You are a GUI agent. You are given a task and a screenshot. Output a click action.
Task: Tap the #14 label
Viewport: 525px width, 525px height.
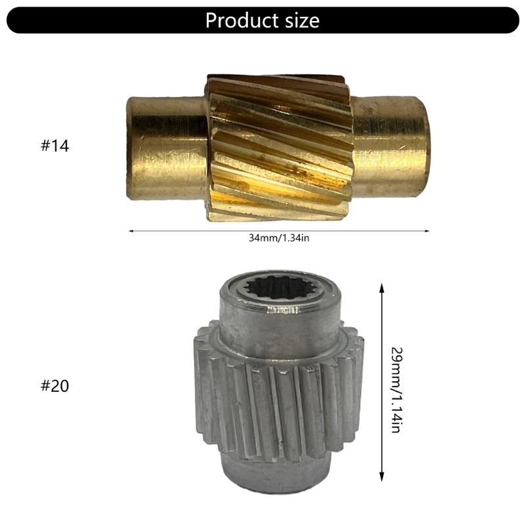pyautogui.click(x=54, y=146)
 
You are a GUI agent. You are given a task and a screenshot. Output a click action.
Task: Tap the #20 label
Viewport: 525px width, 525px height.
pyautogui.click(x=54, y=385)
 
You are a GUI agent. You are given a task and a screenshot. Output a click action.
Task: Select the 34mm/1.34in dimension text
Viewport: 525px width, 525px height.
pyautogui.click(x=279, y=238)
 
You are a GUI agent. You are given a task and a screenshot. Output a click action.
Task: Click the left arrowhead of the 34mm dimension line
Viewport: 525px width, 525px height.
pyautogui.click(x=131, y=231)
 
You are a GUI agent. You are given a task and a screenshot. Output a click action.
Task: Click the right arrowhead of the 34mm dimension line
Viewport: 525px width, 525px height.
pyautogui.click(x=427, y=231)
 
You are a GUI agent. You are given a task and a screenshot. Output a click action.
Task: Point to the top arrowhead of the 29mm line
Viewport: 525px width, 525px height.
pyautogui.click(x=381, y=287)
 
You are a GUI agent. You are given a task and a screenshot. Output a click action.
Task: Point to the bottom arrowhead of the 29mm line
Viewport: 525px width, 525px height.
pyautogui.click(x=381, y=478)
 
